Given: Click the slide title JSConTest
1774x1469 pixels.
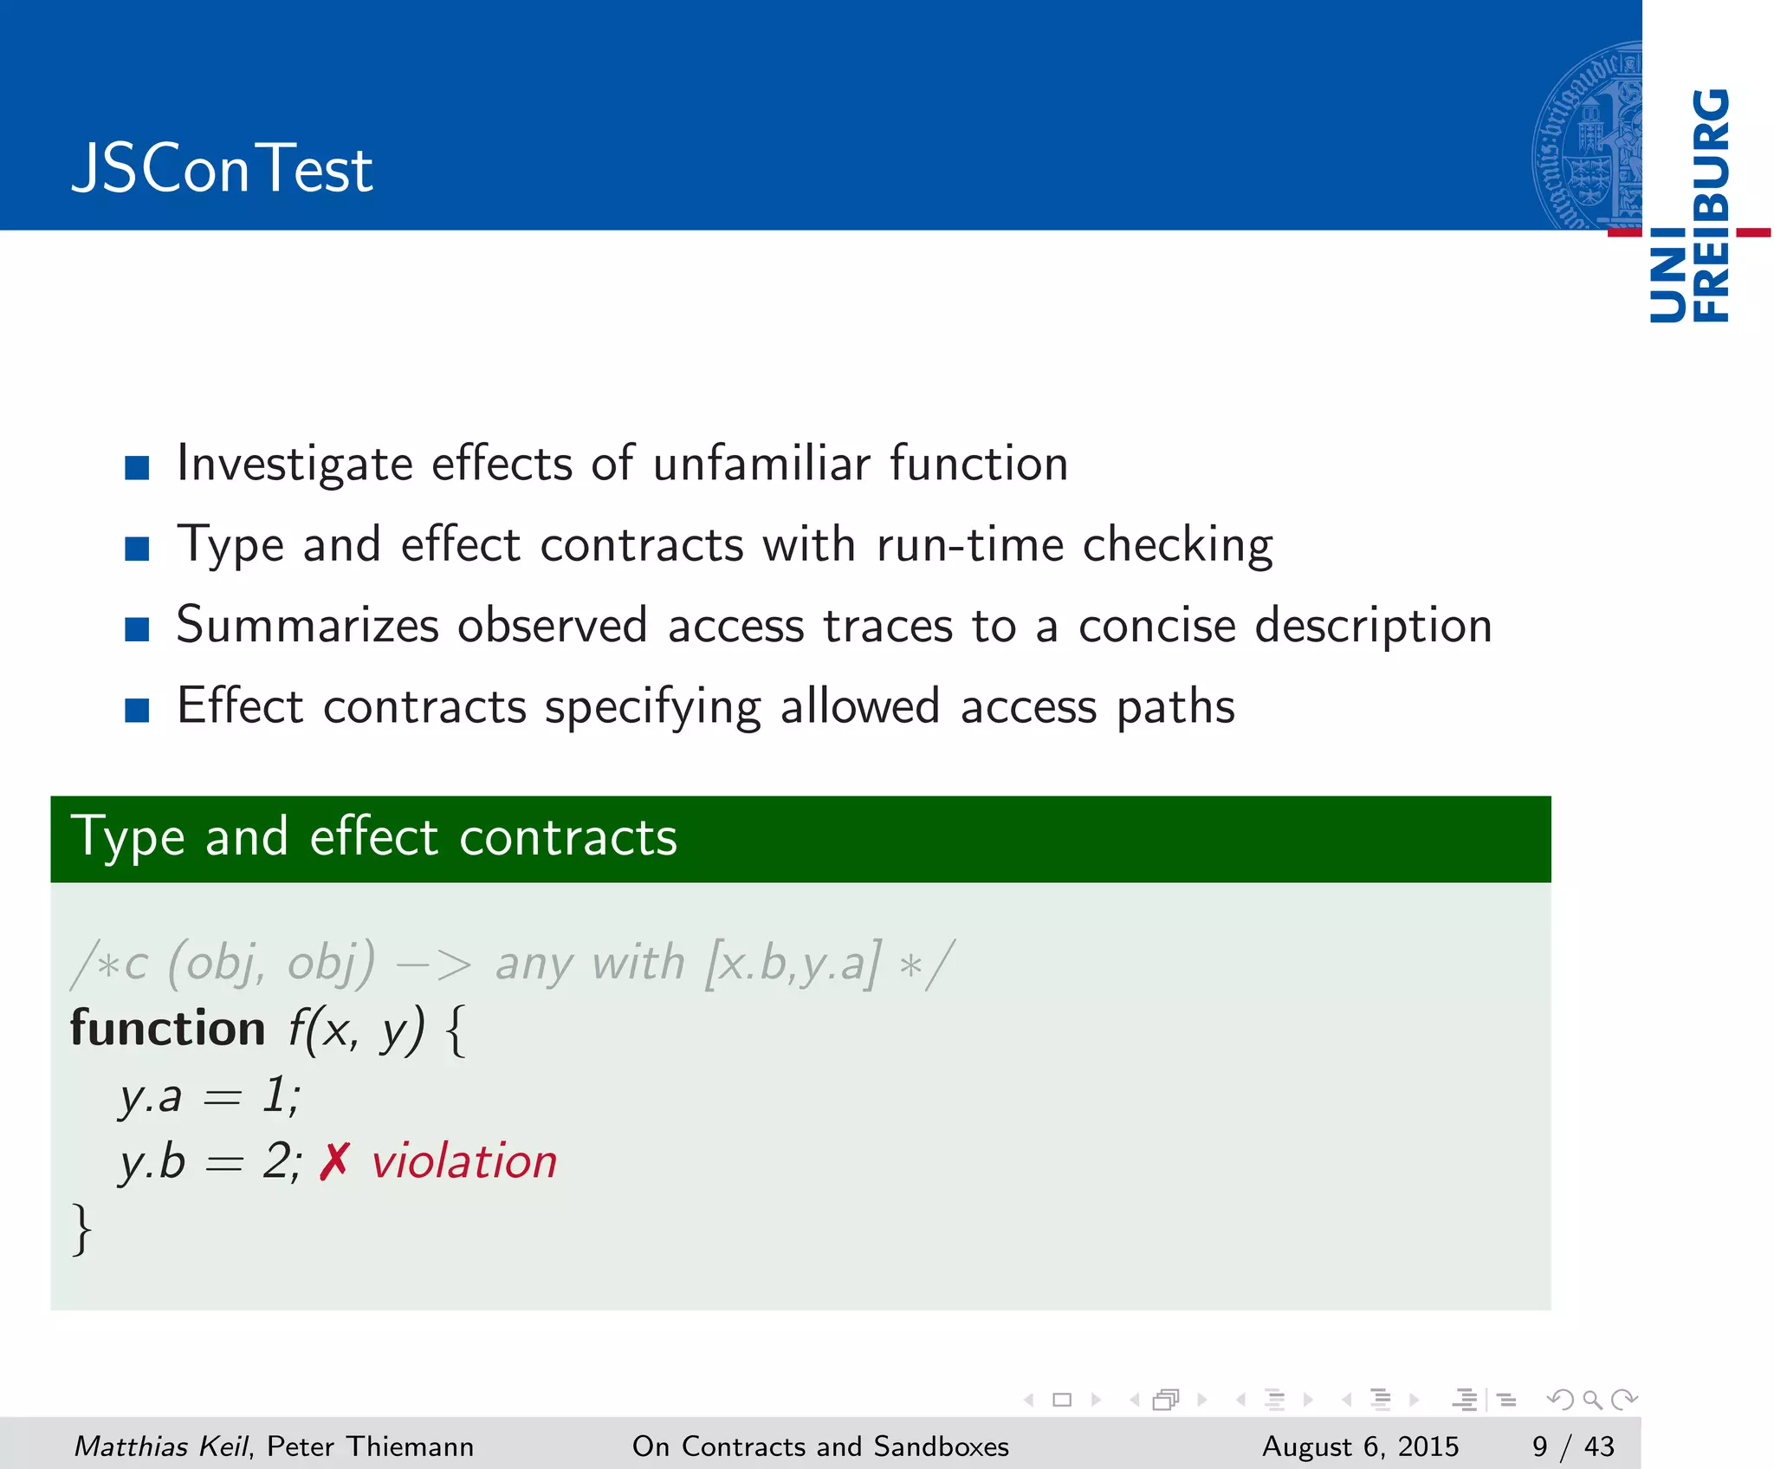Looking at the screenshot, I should tap(222, 169).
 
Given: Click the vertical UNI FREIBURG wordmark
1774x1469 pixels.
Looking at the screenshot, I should tap(1689, 205).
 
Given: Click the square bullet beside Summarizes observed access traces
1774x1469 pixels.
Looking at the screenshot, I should tap(137, 629).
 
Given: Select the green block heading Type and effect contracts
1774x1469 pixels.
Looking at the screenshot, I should tap(374, 837).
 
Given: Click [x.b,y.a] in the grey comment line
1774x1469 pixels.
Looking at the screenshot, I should tap(793, 963).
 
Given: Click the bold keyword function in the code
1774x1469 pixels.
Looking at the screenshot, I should tap(167, 1029).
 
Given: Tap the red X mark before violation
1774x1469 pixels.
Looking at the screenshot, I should tap(334, 1161).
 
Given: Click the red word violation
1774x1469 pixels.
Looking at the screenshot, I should tap(464, 1161).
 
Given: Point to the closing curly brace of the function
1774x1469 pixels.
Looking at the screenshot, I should tap(81, 1228).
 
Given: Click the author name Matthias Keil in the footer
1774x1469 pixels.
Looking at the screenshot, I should tap(161, 1446).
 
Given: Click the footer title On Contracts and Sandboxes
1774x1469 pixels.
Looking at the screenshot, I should tap(820, 1446).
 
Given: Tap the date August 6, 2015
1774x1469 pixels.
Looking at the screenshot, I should tap(1360, 1446).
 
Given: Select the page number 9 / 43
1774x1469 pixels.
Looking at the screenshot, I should tap(1572, 1446).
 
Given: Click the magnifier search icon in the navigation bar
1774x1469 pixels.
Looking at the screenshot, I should tap(1591, 1400).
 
